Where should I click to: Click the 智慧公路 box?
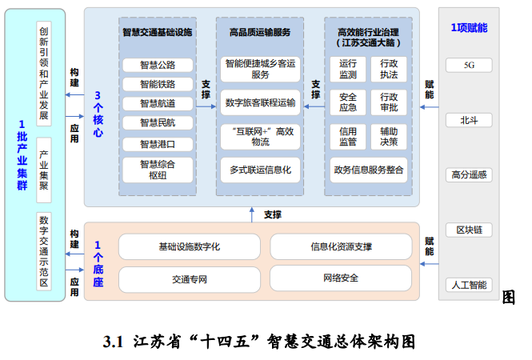coord(157,65)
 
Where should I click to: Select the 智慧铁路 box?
coord(157,84)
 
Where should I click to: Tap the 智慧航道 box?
coord(157,103)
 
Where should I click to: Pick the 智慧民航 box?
coord(157,122)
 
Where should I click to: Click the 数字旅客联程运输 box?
coord(260,102)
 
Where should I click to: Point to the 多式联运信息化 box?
coord(260,170)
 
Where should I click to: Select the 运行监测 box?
coord(348,69)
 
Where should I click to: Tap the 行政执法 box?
coord(389,69)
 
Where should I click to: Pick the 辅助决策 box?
coord(389,136)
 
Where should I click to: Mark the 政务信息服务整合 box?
coord(368,170)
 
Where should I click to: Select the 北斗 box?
coord(469,120)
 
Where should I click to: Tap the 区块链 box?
coord(469,230)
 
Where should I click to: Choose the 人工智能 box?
coord(469,284)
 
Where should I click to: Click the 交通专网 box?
coord(190,278)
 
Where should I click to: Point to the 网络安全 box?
coord(341,278)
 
